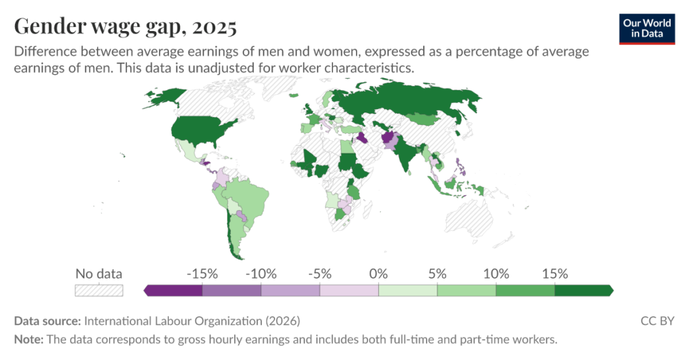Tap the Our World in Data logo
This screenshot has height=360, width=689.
point(647,28)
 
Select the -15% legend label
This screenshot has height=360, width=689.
point(202,274)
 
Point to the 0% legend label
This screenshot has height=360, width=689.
point(378,274)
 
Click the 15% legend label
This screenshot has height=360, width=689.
point(554,274)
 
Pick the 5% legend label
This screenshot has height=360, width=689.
point(437,274)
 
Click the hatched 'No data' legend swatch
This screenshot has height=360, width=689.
point(98,290)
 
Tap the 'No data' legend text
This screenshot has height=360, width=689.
point(98,274)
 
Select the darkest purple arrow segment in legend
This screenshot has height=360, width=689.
point(174,290)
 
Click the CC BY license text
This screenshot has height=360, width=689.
point(657,321)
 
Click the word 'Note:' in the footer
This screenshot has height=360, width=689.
point(29,339)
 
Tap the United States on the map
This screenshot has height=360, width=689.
point(202,129)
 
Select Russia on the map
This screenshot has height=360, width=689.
point(404,101)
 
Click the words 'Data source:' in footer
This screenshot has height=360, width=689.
point(46,321)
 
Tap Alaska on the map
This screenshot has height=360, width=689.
point(161,98)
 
